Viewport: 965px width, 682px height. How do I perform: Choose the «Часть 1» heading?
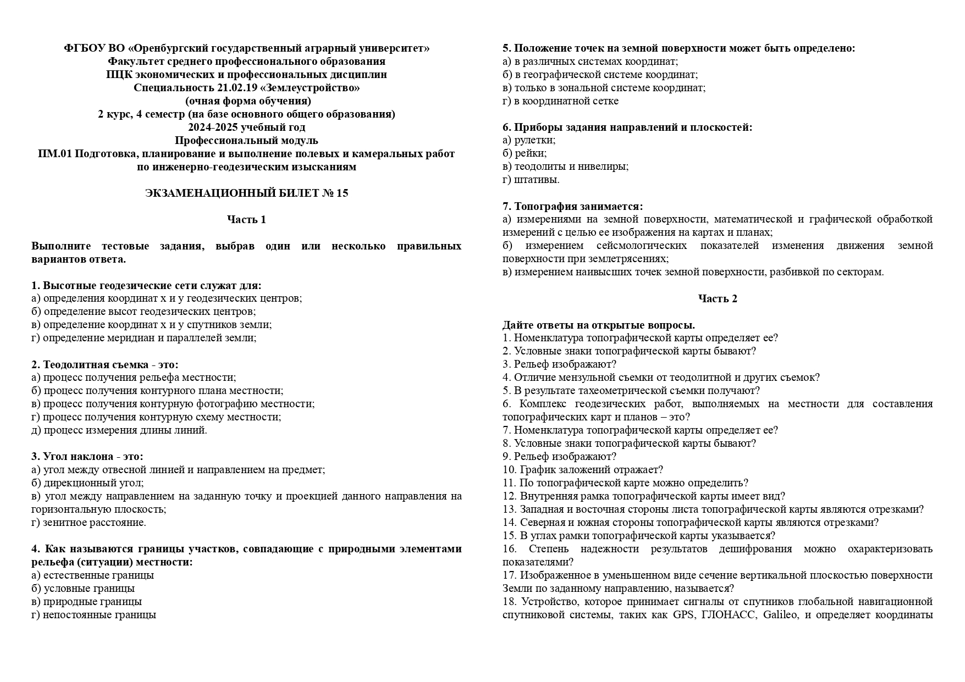pos(246,220)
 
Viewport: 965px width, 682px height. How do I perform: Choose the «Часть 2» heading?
pos(718,299)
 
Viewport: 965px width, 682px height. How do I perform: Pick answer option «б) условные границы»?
pos(83,589)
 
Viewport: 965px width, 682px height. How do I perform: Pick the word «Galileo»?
pos(780,615)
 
